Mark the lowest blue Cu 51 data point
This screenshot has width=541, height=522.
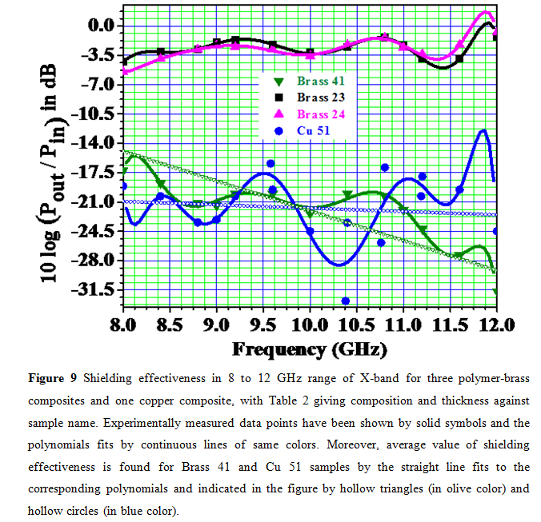[323, 301]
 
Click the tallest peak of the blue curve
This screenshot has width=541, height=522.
[483, 130]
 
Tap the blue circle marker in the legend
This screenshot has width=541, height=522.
[278, 130]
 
